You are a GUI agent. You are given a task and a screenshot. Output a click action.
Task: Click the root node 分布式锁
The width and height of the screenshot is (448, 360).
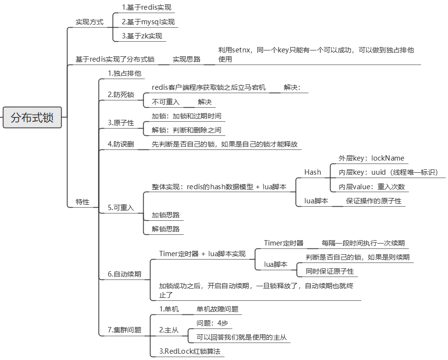click(32, 117)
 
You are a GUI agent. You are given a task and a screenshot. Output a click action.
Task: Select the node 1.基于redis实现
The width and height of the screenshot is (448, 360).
click(147, 8)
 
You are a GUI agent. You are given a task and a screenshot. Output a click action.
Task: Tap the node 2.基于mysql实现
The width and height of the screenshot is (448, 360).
click(148, 22)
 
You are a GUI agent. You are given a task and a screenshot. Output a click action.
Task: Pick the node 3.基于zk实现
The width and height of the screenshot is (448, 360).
click(142, 36)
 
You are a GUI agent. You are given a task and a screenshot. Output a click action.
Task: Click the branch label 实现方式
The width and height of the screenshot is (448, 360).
click(89, 22)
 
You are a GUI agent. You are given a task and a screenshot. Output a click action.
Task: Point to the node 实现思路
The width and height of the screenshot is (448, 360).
click(186, 59)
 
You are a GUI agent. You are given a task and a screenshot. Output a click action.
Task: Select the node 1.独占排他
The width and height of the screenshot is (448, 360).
click(124, 73)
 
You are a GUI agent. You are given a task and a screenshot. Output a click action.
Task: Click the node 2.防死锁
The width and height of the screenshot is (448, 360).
click(121, 95)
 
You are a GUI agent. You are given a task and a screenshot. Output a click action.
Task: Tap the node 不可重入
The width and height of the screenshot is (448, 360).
click(166, 102)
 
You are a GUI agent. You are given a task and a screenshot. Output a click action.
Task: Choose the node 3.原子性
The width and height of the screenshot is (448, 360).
click(121, 123)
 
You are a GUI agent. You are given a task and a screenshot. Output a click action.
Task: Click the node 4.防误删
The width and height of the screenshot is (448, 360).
click(121, 144)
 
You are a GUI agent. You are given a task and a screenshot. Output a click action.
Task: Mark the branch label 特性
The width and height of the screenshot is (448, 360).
click(83, 201)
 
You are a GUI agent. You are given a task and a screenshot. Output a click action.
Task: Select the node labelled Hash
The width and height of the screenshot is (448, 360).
click(313, 172)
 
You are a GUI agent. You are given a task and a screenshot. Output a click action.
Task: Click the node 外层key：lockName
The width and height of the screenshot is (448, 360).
click(371, 158)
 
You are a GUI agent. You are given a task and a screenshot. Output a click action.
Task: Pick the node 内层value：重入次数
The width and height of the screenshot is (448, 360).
click(372, 187)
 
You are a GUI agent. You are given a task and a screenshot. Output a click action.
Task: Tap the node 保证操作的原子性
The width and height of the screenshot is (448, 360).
click(374, 201)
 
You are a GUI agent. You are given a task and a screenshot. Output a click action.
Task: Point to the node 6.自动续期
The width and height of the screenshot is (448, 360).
click(124, 274)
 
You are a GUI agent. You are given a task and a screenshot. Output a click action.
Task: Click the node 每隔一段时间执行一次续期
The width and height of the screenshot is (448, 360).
click(363, 243)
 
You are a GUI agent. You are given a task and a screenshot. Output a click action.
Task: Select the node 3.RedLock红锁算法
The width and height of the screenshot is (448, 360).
click(187, 351)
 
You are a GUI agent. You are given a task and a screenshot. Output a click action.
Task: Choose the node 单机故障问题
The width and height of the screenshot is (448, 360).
click(217, 309)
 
